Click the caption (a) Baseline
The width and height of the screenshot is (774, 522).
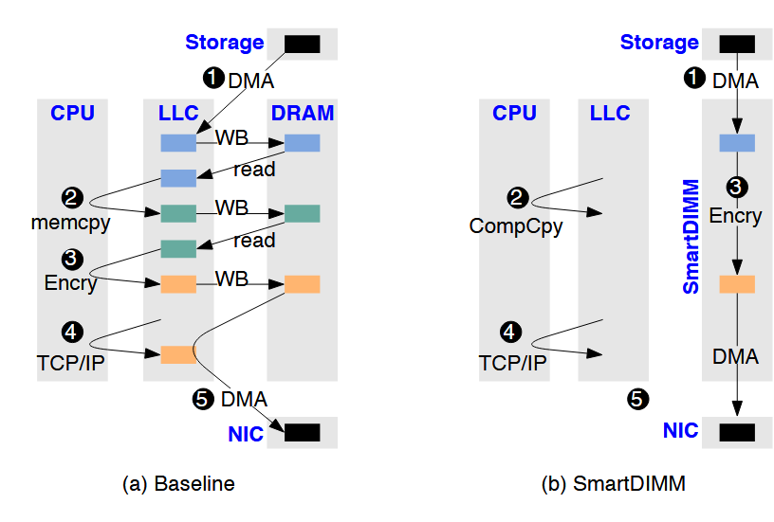[x=178, y=484]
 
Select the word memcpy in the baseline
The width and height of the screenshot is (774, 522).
[x=70, y=225]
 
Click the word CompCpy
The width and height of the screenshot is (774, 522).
[x=516, y=225]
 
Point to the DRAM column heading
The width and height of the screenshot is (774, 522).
[x=303, y=114]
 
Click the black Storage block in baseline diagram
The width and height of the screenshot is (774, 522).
[x=303, y=44]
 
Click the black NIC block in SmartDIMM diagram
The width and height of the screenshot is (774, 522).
[x=737, y=432]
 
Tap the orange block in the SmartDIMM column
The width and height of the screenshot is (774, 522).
[x=737, y=283]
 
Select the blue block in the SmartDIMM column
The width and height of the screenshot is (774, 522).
[x=737, y=143]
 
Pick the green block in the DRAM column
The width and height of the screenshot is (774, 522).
[x=303, y=213]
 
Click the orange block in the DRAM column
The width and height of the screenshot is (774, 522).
[x=303, y=283]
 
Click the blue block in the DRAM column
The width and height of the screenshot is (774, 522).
[x=303, y=143]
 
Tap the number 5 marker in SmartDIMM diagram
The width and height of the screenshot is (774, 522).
[x=640, y=400]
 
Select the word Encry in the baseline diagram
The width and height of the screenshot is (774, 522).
[x=70, y=282]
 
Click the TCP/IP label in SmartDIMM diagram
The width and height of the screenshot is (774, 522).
[x=513, y=362]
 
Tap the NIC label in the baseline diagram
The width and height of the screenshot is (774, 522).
[x=246, y=435]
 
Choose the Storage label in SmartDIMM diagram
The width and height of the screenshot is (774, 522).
[x=659, y=43]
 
